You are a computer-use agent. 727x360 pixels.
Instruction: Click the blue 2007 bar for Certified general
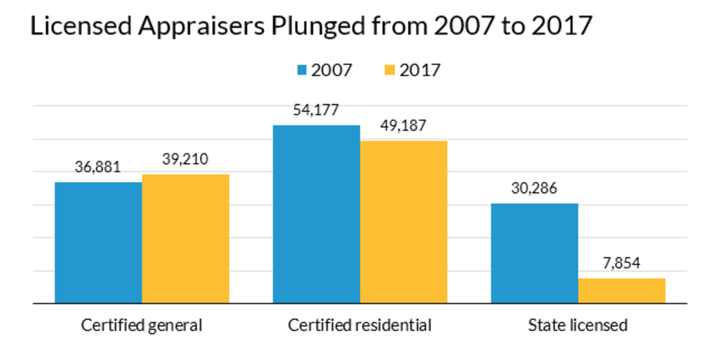click(98, 243)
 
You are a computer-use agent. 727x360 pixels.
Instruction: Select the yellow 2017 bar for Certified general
click(186, 239)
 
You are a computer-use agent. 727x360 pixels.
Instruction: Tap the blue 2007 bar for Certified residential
click(317, 214)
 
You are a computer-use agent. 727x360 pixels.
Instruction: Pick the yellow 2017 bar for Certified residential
click(404, 222)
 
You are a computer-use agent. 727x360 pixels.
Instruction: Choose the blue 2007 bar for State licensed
click(535, 253)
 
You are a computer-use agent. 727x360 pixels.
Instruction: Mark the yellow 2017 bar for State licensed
click(622, 291)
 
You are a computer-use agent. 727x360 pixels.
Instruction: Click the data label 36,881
click(98, 167)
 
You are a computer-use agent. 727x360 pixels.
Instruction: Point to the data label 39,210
click(185, 159)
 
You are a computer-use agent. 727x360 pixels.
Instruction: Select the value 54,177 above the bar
click(316, 110)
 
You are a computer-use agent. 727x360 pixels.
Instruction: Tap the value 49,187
click(403, 125)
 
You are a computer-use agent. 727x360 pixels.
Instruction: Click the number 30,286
click(534, 188)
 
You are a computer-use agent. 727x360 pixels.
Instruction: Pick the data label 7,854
click(621, 263)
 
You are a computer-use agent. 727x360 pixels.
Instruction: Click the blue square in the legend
click(302, 70)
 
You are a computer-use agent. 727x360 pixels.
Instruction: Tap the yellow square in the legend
click(390, 70)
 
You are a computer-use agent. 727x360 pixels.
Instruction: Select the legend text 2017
click(420, 70)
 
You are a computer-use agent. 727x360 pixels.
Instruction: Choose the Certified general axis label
click(141, 325)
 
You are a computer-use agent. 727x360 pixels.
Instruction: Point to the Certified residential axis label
click(360, 325)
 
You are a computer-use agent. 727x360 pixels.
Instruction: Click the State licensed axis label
click(578, 325)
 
